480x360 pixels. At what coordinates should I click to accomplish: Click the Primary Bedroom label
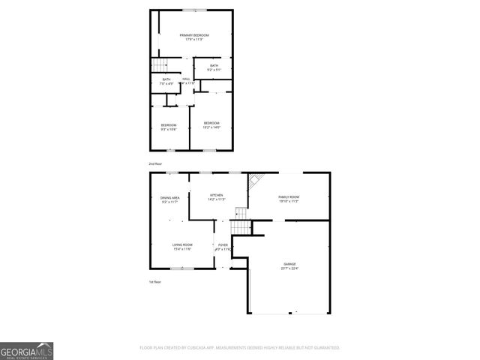193,36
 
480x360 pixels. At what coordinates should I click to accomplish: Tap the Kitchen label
217,196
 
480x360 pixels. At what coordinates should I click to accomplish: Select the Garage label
289,264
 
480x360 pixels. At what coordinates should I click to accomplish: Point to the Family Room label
289,196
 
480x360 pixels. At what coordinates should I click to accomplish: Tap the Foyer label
223,244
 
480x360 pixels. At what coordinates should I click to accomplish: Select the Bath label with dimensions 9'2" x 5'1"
214,66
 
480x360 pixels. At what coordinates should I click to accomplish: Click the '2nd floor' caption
155,163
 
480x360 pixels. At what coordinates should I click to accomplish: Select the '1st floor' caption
154,281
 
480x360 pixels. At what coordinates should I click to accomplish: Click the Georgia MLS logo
26,350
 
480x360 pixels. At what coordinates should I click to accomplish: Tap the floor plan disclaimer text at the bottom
240,348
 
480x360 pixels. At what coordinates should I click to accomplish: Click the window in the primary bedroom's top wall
196,10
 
